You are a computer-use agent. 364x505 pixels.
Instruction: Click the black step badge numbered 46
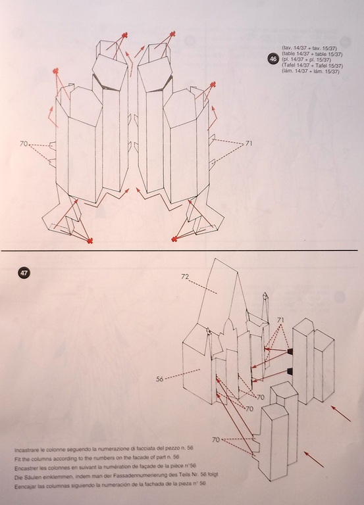point(273,59)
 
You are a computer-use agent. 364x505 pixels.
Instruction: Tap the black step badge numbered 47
point(24,273)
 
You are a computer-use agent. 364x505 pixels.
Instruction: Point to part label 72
point(185,276)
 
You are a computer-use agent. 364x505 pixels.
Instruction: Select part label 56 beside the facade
point(159,379)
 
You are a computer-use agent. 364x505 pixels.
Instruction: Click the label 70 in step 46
point(24,143)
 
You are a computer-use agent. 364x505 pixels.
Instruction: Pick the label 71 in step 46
point(249,143)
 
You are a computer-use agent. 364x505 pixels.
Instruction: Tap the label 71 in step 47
point(280,320)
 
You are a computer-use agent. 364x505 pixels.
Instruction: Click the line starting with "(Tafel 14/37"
point(312,66)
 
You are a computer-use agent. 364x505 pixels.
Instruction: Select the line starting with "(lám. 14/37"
point(311,72)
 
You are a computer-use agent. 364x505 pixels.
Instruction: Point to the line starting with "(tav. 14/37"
point(309,48)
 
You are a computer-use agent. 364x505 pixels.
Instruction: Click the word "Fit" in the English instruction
point(17,458)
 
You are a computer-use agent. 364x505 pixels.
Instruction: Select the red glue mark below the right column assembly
point(174,239)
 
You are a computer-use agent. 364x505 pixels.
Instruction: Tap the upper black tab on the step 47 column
point(290,350)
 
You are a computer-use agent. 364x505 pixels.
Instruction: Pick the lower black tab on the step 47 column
point(290,371)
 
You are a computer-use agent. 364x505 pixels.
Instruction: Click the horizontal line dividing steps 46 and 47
point(179,251)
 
